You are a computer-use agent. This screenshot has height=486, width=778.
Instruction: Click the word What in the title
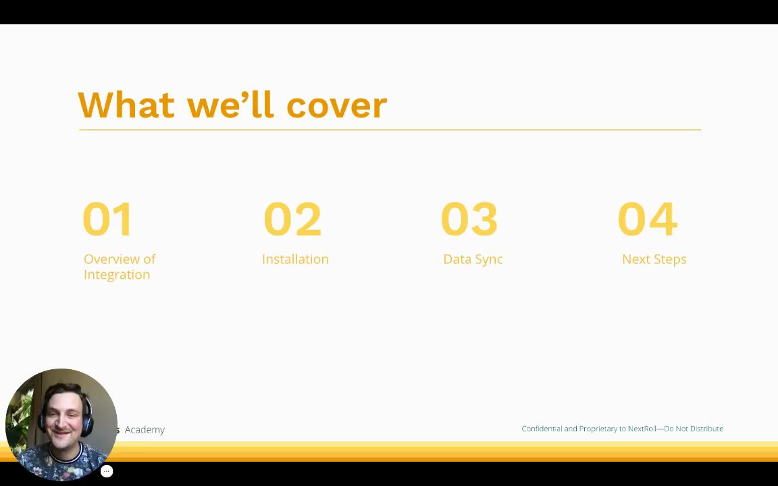[x=126, y=105]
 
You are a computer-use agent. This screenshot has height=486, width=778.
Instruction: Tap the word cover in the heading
[x=337, y=105]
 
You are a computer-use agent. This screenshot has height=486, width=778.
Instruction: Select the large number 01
[x=107, y=219]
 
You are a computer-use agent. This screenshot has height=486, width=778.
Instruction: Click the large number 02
[x=292, y=219]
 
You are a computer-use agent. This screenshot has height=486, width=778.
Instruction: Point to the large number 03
[x=469, y=219]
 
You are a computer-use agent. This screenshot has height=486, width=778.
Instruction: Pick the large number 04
[x=648, y=219]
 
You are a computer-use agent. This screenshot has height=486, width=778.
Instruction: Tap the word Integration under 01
[x=117, y=275]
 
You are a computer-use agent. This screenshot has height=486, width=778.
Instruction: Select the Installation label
[x=295, y=259]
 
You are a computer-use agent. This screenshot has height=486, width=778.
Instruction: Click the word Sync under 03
[x=489, y=259]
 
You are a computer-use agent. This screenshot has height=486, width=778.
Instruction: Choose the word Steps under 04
[x=671, y=259]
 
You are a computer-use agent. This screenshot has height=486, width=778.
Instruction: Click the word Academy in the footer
[x=145, y=429]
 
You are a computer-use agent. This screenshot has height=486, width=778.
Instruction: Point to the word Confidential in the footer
[x=542, y=429]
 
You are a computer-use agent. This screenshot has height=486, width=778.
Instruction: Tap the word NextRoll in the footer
[x=642, y=429]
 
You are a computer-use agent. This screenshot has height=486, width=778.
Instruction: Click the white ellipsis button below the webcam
[x=107, y=472]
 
